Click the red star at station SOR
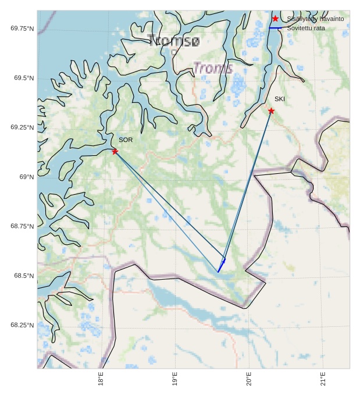[115, 151]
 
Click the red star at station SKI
[271, 110]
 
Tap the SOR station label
[126, 140]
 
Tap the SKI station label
[280, 99]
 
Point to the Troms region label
[212, 68]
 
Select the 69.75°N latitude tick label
[22, 28]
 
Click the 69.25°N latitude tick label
[22, 127]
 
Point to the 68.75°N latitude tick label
[22, 226]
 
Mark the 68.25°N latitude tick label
[22, 325]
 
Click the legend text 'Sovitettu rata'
[306, 28]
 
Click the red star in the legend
[275, 19]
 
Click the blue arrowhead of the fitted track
[223, 261]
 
